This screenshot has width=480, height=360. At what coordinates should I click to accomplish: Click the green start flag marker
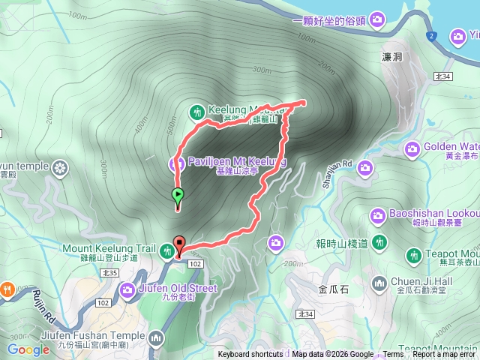coord(178,196)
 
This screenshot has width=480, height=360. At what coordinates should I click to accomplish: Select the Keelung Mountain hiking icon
coord(197,112)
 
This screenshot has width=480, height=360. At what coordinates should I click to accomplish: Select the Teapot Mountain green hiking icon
coord(412,256)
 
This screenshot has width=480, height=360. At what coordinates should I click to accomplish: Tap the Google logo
coord(28,349)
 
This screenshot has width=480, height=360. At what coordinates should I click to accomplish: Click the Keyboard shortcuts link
coord(251,355)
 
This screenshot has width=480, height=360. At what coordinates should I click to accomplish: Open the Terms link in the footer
coord(393,355)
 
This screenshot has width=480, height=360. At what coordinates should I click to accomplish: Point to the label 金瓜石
coord(333,288)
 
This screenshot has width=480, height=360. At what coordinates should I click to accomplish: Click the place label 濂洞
coord(393,57)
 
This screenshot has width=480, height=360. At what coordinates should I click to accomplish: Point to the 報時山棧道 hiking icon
coord(380,242)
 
